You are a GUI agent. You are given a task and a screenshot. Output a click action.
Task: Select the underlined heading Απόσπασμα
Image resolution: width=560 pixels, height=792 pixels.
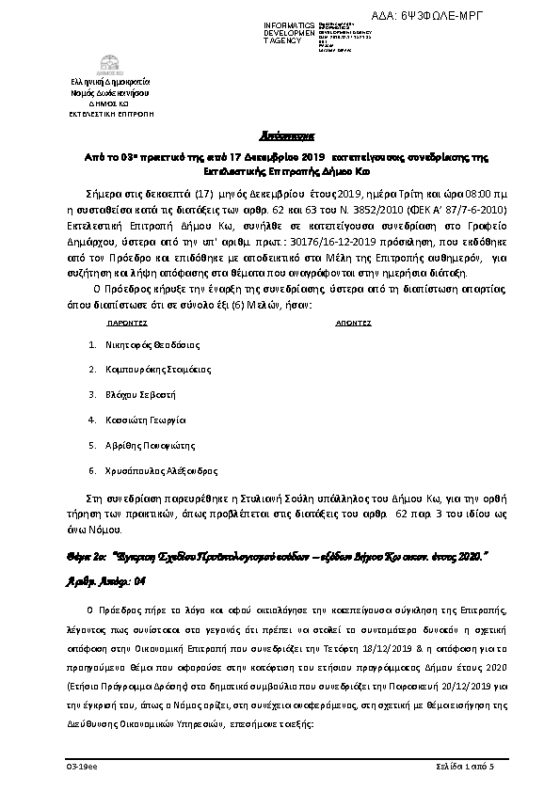pyautogui.click(x=279, y=134)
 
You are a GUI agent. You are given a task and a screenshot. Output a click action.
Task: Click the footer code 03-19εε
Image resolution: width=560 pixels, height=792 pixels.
pyautogui.click(x=78, y=768)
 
